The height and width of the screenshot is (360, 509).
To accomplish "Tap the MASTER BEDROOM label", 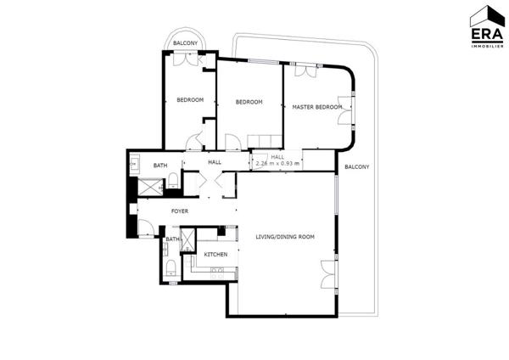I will pyautogui.click(x=316, y=107).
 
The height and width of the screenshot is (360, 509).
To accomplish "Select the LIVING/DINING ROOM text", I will pyautogui.click(x=284, y=237).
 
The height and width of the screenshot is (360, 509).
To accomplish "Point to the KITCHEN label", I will pyautogui.click(x=215, y=254).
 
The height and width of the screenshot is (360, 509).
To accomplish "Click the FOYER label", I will pyautogui.click(x=179, y=211).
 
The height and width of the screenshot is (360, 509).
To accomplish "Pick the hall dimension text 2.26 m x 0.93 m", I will pyautogui.click(x=277, y=162).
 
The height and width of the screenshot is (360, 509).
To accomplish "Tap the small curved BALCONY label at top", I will pyautogui.click(x=186, y=43).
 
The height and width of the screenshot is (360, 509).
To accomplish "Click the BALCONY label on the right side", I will pyautogui.click(x=356, y=166).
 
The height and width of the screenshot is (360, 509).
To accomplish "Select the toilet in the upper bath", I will pyautogui.click(x=172, y=179).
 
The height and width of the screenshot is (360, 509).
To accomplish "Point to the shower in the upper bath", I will pyautogui.click(x=147, y=188).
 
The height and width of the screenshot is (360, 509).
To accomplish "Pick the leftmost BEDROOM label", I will pyautogui.click(x=190, y=100).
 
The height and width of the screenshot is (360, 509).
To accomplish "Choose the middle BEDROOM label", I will pyautogui.click(x=249, y=102).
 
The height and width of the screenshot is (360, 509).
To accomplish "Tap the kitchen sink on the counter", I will pyautogui.click(x=215, y=271).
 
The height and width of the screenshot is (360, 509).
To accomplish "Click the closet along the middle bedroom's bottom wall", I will pyautogui.click(x=262, y=140).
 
